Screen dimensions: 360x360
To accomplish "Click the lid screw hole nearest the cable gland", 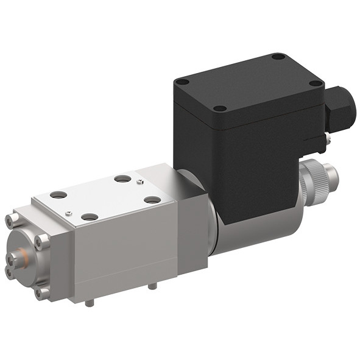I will (x=315, y=83).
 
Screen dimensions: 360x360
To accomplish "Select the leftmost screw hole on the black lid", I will (x=182, y=81).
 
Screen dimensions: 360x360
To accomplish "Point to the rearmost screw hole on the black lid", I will (x=278, y=57).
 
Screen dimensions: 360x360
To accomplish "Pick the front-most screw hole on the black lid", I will (x=221, y=108).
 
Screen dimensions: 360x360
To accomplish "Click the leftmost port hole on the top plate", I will (x=58, y=195).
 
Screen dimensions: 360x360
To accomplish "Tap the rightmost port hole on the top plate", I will (x=152, y=199).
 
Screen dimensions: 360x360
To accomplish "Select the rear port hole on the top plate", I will (x=122, y=179).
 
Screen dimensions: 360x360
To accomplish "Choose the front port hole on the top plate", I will (x=90, y=216).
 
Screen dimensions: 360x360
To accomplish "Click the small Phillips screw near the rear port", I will (x=141, y=182).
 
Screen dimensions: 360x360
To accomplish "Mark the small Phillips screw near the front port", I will (x=69, y=213).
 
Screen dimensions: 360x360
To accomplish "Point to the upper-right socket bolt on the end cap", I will (x=42, y=242).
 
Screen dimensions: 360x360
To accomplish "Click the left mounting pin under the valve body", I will (x=90, y=302).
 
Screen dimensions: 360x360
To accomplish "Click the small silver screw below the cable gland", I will (x=327, y=142).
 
